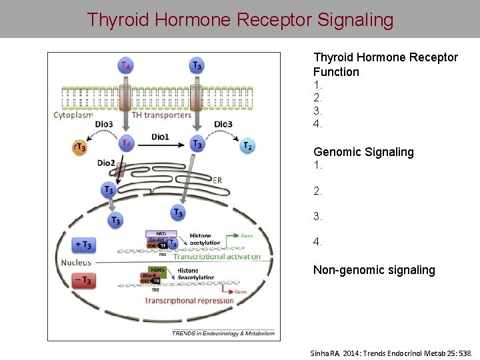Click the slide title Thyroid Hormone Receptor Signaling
point(240,19)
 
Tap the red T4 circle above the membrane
point(125,65)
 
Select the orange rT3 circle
point(79,147)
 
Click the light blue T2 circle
point(247,146)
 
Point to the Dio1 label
point(160,137)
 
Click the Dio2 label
point(106,162)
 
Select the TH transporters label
point(161,115)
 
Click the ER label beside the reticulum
point(217,179)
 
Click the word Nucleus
point(76,263)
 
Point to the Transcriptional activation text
point(217,256)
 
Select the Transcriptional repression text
point(189,301)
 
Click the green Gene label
point(247,236)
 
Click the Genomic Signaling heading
point(363,152)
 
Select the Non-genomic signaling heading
point(374,270)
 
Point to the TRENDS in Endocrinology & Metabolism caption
point(223,333)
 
